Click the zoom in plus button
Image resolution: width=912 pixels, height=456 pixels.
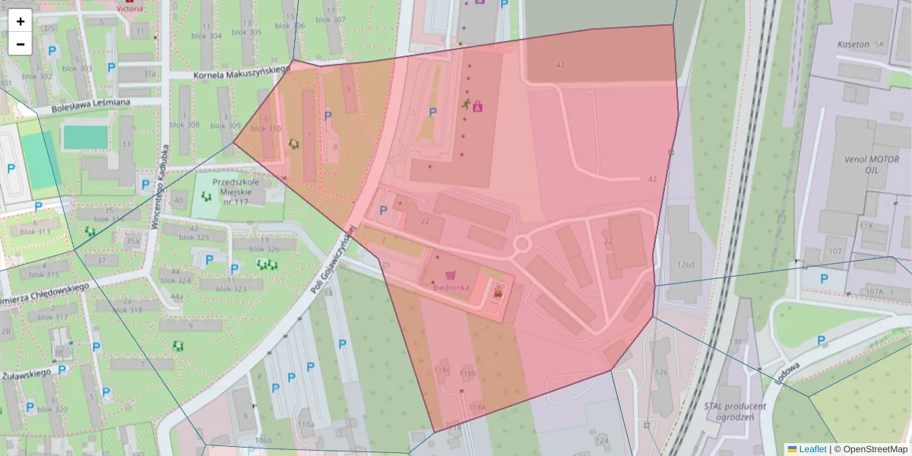[21, 21]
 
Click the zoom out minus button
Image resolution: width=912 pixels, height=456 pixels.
[21, 44]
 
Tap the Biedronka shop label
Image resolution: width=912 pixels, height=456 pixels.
[451, 287]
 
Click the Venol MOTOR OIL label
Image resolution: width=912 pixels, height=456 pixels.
[872, 165]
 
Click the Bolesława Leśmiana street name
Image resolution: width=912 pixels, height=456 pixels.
[90, 105]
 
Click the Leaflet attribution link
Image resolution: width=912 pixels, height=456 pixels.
[812, 449]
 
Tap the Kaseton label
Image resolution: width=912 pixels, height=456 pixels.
[852, 45]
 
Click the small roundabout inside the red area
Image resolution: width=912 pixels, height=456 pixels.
[521, 244]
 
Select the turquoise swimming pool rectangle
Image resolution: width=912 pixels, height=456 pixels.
[85, 138]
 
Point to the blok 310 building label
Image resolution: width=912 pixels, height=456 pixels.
[266, 129]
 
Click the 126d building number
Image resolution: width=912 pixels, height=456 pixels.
[687, 264]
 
